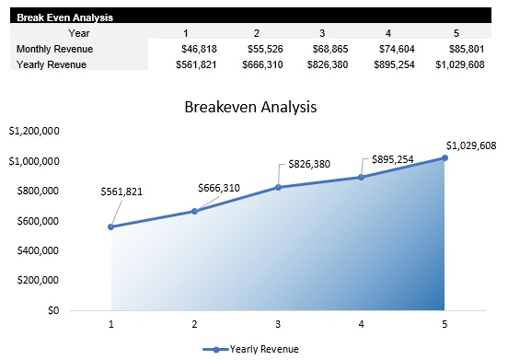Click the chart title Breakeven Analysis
(250, 106)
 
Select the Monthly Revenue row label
(55, 48)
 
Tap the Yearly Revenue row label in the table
(52, 64)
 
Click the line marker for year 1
(111, 226)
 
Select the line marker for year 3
(278, 187)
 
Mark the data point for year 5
(444, 157)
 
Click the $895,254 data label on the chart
(393, 159)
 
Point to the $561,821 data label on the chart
(121, 192)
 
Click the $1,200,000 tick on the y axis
(34, 132)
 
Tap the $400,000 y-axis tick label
(38, 250)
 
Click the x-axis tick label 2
(195, 324)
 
